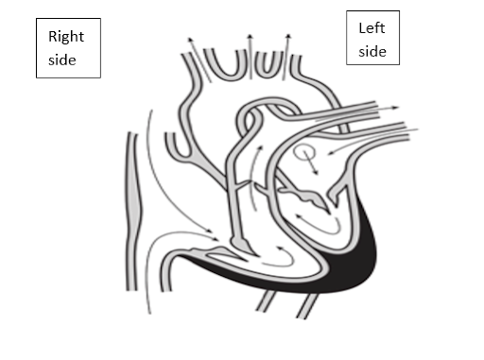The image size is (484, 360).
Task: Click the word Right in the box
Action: pos(66,38)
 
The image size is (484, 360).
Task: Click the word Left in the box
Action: pos(372,28)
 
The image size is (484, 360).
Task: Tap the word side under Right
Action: pos(62,60)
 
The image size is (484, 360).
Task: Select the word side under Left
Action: pos(372,51)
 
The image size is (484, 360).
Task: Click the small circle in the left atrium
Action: pos(304,152)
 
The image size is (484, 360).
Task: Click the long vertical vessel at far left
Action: pos(132,211)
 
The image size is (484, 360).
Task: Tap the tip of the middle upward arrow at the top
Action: pos(250,35)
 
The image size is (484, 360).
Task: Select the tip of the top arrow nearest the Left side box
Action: pos(288,35)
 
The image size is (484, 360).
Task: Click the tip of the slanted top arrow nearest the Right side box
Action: pos(189,39)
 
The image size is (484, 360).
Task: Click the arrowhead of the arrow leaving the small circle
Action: pos(316,172)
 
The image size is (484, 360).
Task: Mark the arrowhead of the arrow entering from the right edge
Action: pos(331,153)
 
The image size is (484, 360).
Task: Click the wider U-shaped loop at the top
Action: pos(226,64)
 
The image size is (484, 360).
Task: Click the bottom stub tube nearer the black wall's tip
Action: pos(307,305)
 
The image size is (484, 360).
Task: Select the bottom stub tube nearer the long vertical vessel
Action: pos(267,300)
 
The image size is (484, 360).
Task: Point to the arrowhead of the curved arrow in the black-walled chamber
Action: pos(299,217)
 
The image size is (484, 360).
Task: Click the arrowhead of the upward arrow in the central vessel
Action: pos(261,148)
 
